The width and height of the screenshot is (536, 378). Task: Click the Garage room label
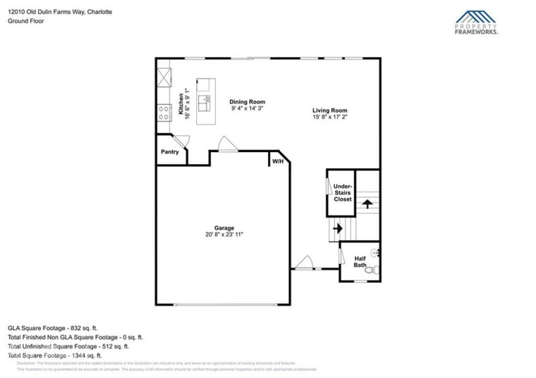click(224, 228)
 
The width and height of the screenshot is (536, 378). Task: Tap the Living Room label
click(330, 110)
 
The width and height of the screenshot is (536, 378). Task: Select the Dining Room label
click(244, 102)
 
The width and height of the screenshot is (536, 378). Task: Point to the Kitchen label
click(180, 104)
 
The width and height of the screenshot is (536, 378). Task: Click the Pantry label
click(170, 152)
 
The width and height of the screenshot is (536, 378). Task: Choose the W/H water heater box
click(277, 162)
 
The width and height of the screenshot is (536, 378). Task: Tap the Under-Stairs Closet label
click(342, 192)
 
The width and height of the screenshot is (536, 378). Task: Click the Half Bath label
click(360, 262)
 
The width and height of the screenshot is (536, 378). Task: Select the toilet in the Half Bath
click(375, 270)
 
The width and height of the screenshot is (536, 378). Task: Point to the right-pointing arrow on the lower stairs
click(338, 228)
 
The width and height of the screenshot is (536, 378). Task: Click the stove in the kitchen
click(163, 113)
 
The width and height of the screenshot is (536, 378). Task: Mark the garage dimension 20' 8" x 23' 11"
click(224, 235)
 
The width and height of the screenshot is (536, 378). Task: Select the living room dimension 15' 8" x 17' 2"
click(330, 117)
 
